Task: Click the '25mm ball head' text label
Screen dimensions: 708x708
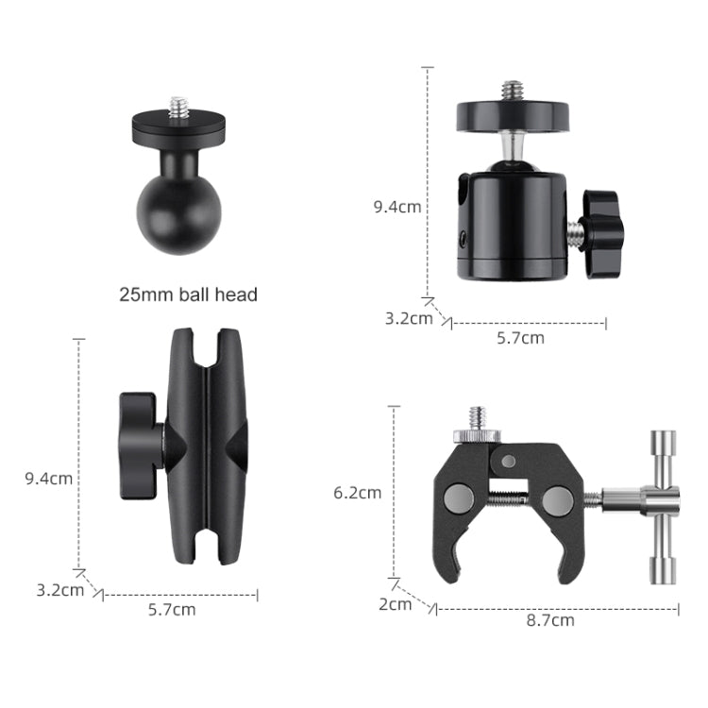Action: [188, 295]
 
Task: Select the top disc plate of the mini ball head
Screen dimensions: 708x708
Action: [513, 116]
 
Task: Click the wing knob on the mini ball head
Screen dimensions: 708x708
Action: [600, 220]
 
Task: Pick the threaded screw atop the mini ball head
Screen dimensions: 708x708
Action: [513, 91]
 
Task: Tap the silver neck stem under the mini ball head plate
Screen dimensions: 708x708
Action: [513, 147]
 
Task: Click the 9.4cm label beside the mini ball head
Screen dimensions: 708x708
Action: [397, 207]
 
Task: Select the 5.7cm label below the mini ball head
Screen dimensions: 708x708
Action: [521, 337]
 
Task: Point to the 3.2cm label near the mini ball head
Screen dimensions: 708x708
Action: [408, 318]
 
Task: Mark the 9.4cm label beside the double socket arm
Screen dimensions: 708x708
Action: [48, 478]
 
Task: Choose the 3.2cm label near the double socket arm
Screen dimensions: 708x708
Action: [59, 590]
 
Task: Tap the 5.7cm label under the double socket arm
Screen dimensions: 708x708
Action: [172, 609]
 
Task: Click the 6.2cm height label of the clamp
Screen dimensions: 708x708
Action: [358, 492]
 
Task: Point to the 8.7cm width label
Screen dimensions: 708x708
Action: [550, 620]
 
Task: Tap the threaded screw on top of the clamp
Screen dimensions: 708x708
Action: [477, 418]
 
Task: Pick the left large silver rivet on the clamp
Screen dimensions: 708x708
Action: [458, 496]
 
